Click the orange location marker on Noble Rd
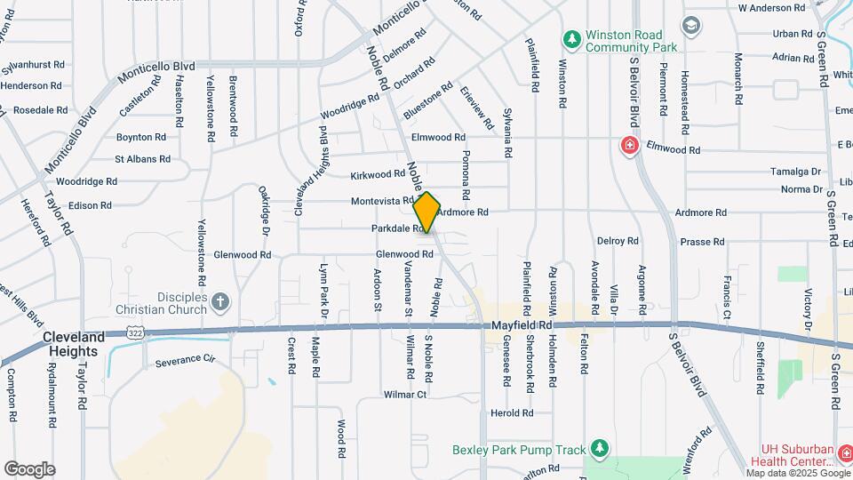[x=426, y=212]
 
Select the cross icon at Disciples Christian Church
[x=219, y=302]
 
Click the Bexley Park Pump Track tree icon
[x=601, y=446]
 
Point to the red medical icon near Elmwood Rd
[x=630, y=145]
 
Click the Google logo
[x=29, y=469]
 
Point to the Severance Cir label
[x=185, y=362]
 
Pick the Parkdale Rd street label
[x=397, y=228]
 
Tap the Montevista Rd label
[x=382, y=201]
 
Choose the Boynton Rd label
[x=141, y=137]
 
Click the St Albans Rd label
[x=142, y=159]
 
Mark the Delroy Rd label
[x=618, y=241]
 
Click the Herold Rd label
[x=512, y=413]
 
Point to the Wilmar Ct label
[x=405, y=394]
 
